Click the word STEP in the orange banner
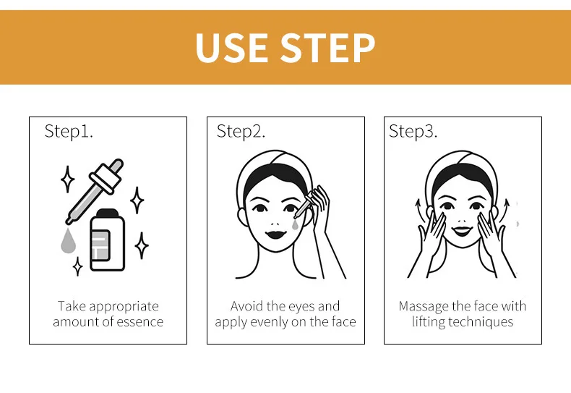point(327,48)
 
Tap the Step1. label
point(69,131)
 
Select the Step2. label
point(241,131)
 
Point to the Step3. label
point(413,131)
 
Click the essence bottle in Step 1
point(108,240)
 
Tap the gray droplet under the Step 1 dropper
point(68,241)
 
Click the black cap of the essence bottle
point(108,213)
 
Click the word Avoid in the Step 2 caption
point(247,306)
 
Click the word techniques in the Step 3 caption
point(481,322)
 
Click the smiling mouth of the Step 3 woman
point(462,231)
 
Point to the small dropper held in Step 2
point(303,206)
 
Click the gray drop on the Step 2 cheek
point(295,225)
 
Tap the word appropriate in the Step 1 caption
point(124,307)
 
